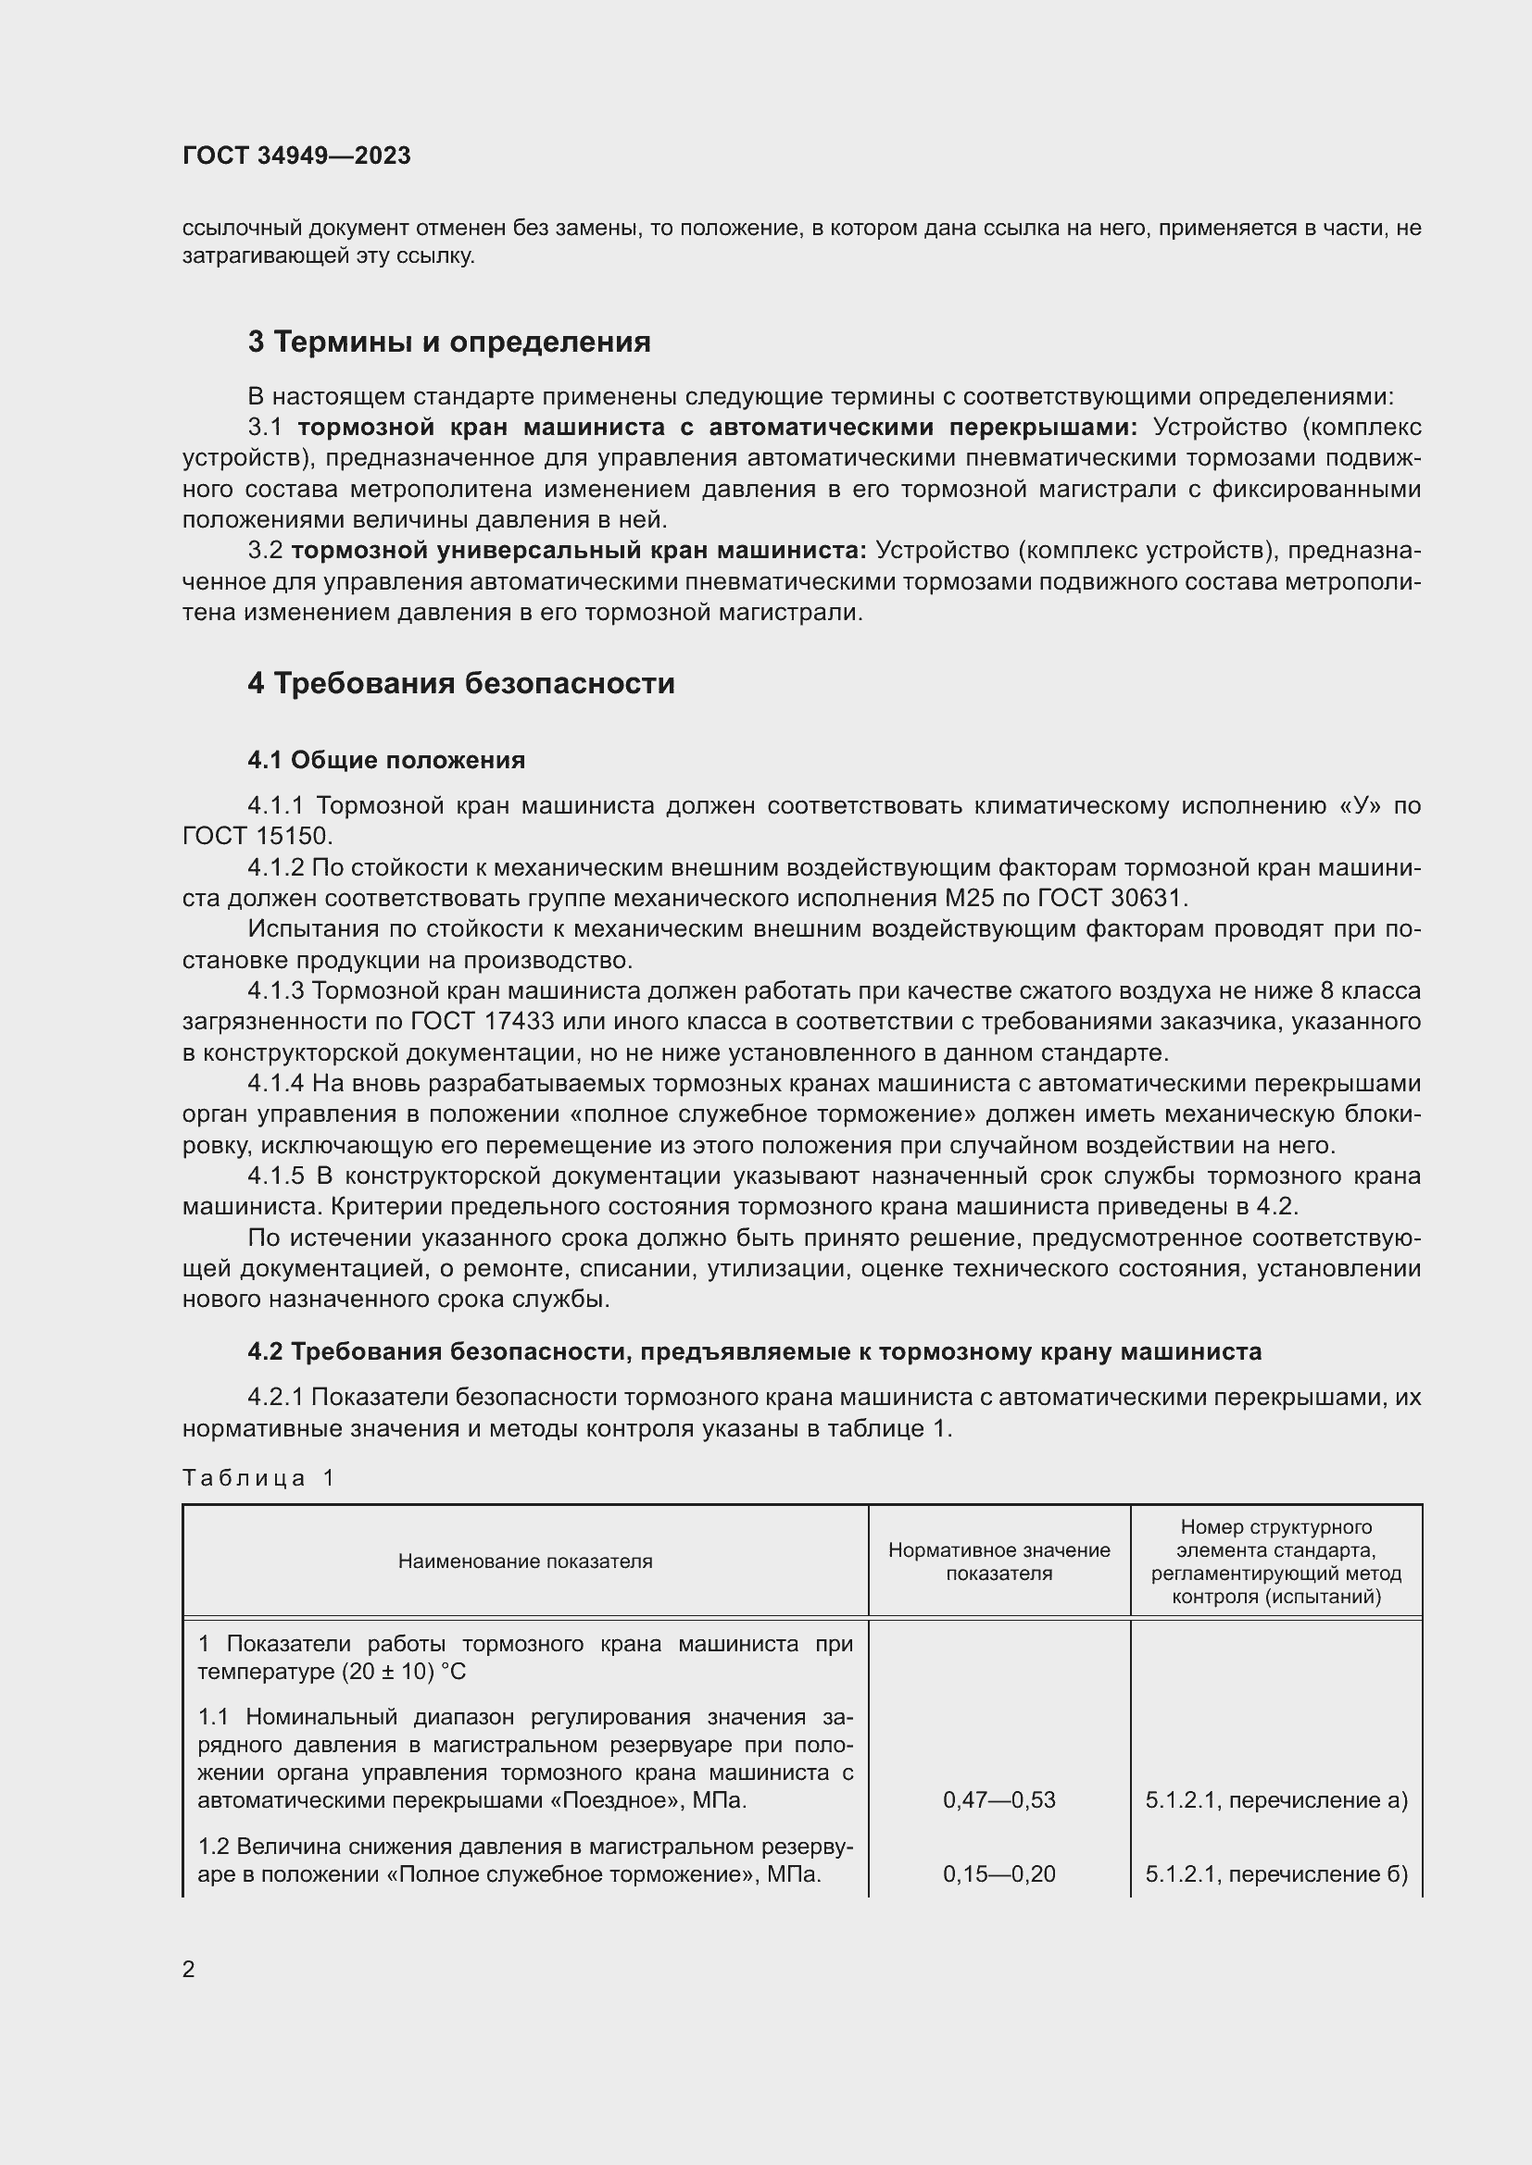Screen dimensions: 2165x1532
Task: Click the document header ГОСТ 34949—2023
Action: [x=296, y=156]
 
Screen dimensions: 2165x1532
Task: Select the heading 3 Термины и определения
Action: [x=449, y=342]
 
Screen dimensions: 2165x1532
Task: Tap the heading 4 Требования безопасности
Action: [x=461, y=683]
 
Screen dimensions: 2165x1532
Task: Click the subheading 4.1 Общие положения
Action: [x=386, y=760]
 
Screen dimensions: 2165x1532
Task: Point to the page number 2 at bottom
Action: [x=189, y=1969]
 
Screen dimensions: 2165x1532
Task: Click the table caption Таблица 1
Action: [x=258, y=1477]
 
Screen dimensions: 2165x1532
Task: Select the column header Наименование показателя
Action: [x=524, y=1561]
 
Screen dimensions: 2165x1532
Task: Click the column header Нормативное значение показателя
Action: [x=999, y=1561]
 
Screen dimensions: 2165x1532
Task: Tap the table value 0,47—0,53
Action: [x=999, y=1800]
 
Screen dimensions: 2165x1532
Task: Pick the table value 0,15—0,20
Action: [x=999, y=1873]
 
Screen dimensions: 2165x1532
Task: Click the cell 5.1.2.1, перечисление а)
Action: [x=1276, y=1800]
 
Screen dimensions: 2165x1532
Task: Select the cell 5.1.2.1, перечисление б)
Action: [x=1276, y=1873]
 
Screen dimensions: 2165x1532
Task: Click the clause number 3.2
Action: [x=265, y=551]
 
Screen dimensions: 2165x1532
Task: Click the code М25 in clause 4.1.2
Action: [x=976, y=898]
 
